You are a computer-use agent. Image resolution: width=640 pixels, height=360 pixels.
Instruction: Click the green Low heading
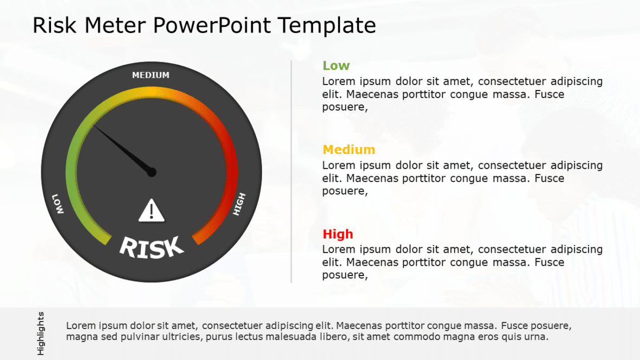pos(336,66)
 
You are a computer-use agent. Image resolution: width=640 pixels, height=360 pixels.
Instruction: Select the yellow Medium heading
pos(349,150)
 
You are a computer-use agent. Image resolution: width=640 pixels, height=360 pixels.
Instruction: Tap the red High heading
pos(337,234)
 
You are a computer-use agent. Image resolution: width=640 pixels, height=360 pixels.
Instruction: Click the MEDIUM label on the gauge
pos(151,75)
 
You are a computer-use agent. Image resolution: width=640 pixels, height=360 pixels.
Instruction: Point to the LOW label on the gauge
pos(57,203)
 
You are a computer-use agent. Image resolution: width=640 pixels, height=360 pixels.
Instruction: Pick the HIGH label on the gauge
pos(239,204)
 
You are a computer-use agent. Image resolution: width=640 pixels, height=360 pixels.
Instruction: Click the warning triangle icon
pos(151,210)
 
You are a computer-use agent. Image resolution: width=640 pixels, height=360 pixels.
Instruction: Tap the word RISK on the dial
pos(151,247)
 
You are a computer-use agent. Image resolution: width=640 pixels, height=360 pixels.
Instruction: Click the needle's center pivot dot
pos(151,172)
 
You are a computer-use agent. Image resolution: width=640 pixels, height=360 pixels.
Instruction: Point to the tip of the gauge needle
pos(95,126)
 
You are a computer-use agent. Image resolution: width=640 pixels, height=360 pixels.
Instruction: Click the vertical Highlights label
pos(41,333)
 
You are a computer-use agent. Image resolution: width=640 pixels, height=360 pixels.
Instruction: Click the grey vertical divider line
pos(291,171)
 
